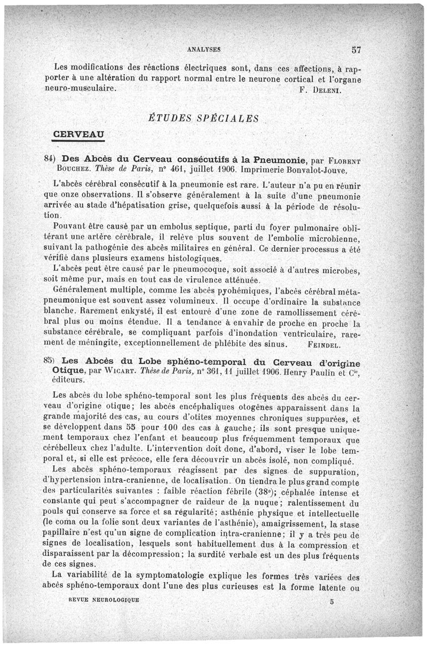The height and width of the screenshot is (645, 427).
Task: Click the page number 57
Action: click(x=357, y=50)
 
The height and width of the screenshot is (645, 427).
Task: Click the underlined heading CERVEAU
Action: click(x=78, y=132)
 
